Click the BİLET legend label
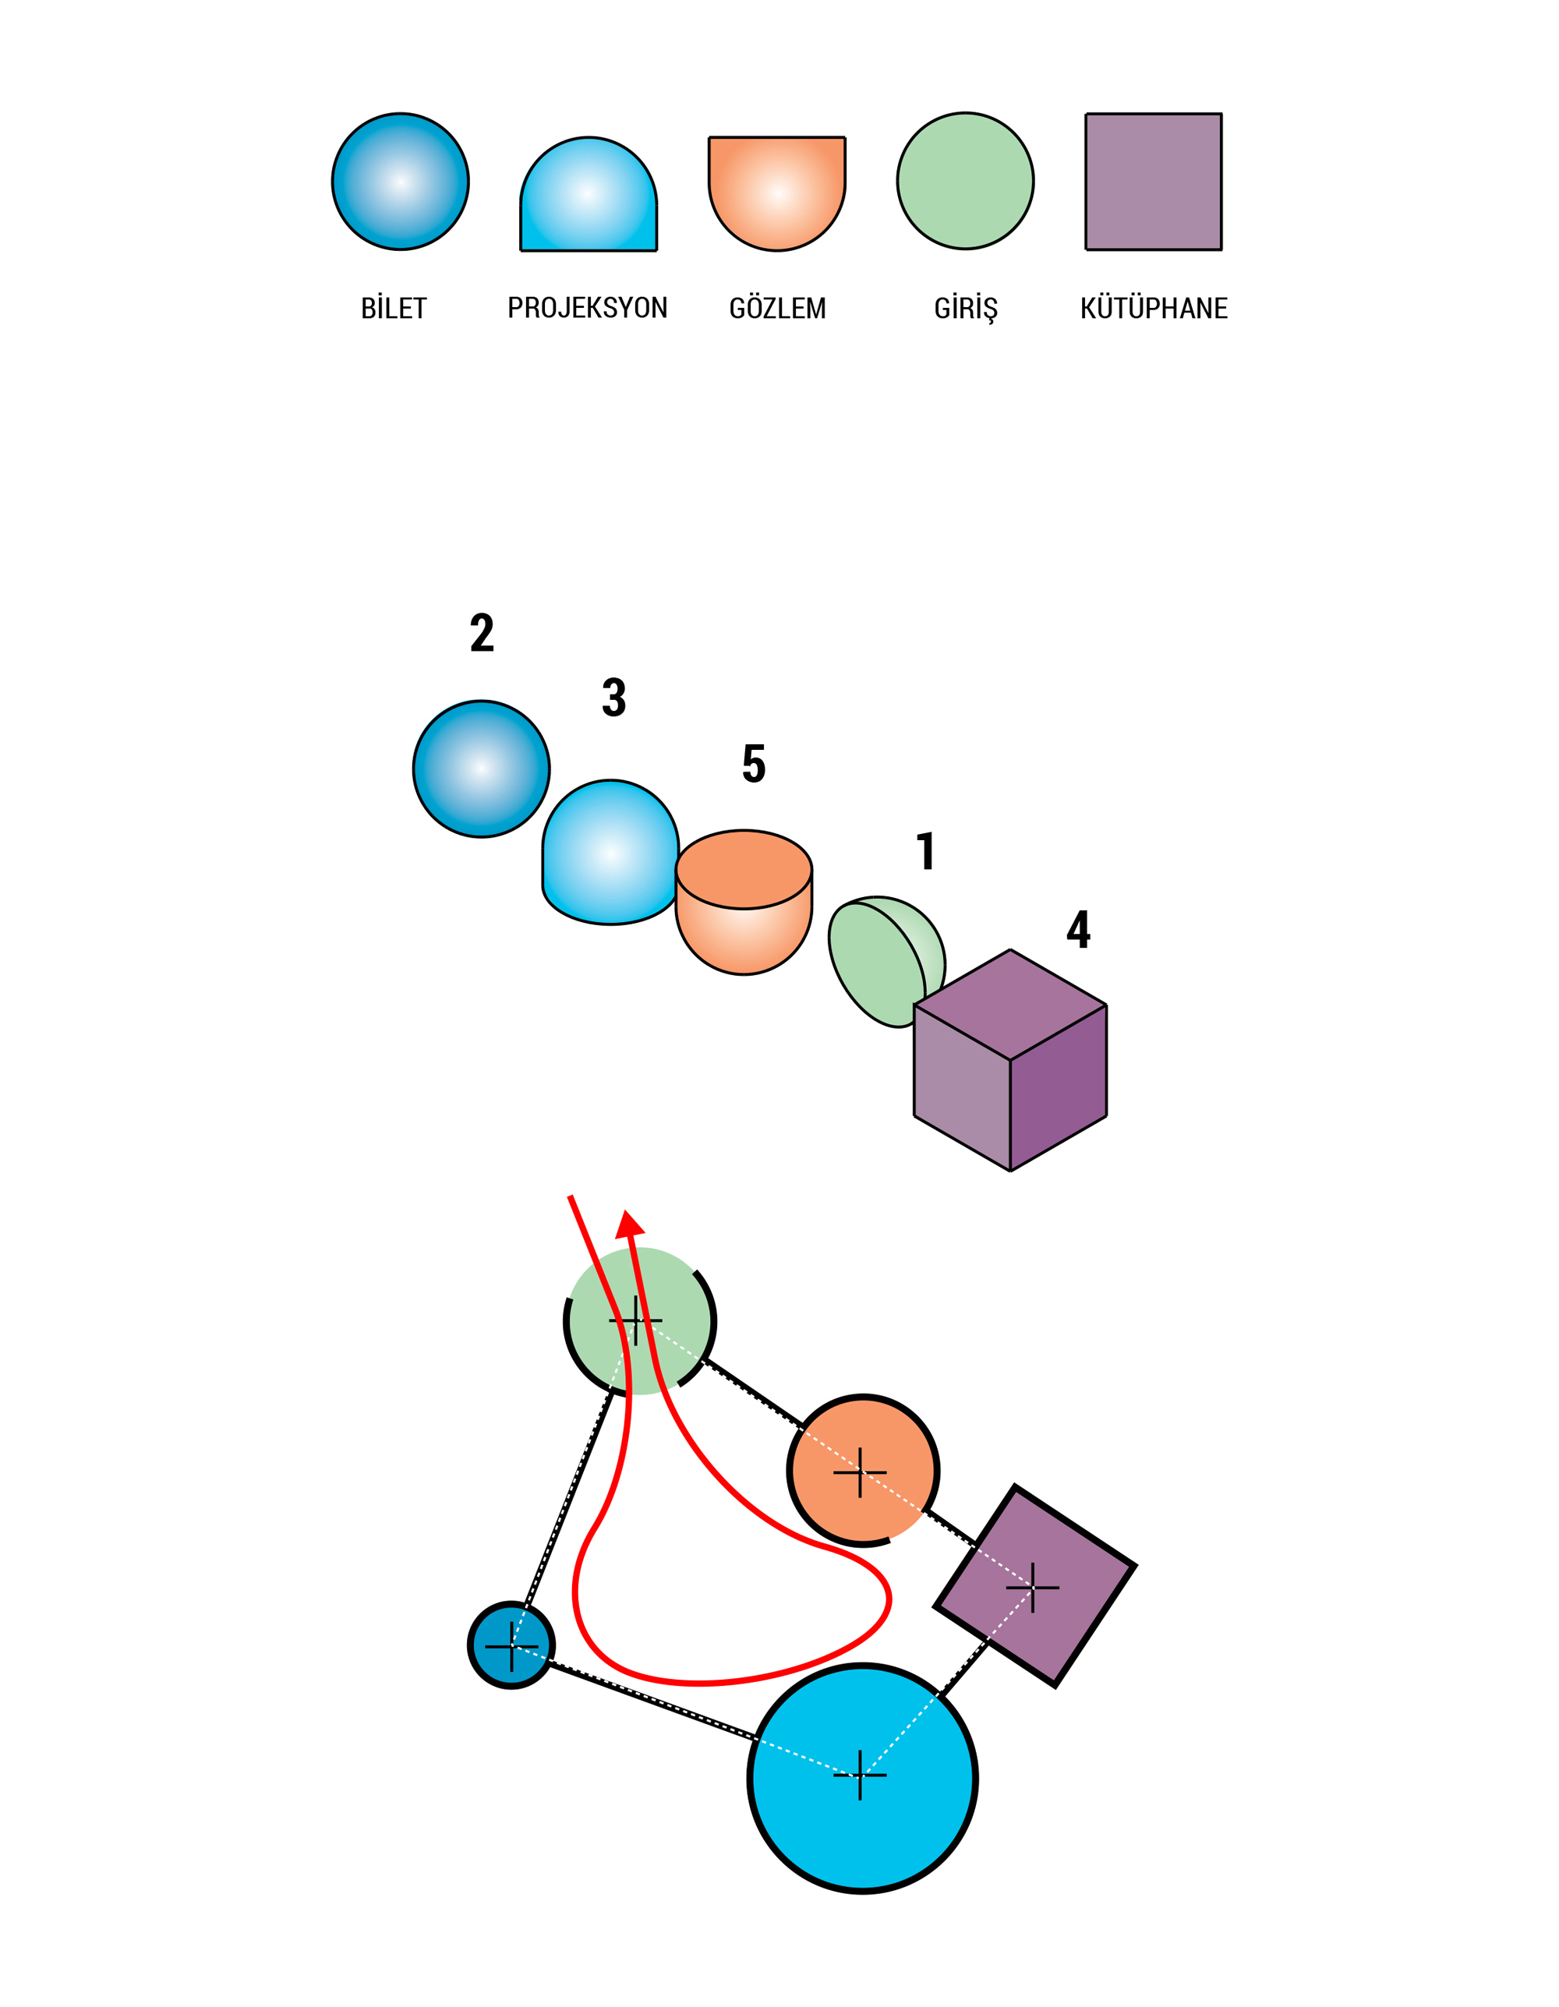point(394,308)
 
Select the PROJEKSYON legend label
point(588,308)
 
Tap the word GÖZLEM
point(778,308)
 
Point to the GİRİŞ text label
point(965,309)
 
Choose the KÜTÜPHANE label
point(1154,308)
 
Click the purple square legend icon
point(1154,181)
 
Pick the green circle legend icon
point(965,181)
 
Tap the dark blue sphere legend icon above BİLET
point(401,181)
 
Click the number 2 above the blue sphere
point(482,633)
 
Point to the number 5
point(754,764)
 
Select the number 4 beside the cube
point(1078,929)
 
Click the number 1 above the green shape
point(927,851)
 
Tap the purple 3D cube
point(1010,1061)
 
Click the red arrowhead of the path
point(630,1224)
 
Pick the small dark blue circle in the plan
point(511,1645)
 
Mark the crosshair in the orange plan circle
point(861,1472)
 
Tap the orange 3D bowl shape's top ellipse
point(744,868)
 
